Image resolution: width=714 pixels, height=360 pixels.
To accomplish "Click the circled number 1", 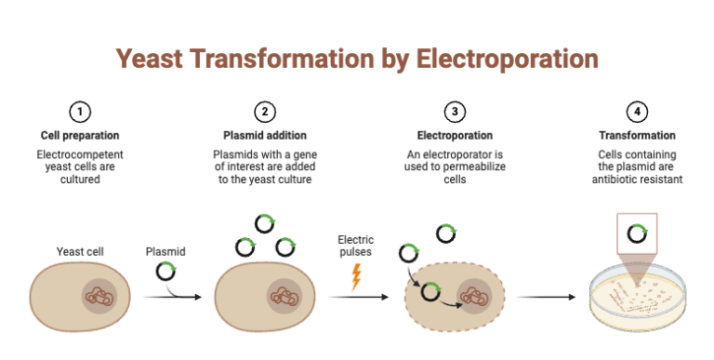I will [80, 113].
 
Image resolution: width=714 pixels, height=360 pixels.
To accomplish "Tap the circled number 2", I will [265, 113].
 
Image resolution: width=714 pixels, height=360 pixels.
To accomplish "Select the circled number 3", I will [455, 113].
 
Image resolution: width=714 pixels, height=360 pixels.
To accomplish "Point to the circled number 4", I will [637, 113].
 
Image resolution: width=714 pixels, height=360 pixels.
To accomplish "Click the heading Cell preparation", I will [80, 135].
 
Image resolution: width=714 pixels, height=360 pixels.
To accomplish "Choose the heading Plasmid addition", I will [265, 135].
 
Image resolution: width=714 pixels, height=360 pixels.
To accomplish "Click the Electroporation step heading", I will [455, 135].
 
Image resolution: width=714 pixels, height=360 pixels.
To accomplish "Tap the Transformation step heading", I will [637, 135].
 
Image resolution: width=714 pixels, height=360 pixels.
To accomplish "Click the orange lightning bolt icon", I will [356, 276].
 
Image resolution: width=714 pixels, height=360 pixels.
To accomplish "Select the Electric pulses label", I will [356, 246].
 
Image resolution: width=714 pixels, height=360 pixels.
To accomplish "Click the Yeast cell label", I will [80, 251].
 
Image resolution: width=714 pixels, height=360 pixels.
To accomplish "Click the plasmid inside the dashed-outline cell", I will [430, 294].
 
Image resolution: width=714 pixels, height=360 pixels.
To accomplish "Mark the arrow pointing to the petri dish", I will [549, 298].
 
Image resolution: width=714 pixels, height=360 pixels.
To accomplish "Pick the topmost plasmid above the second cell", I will [265, 224].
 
